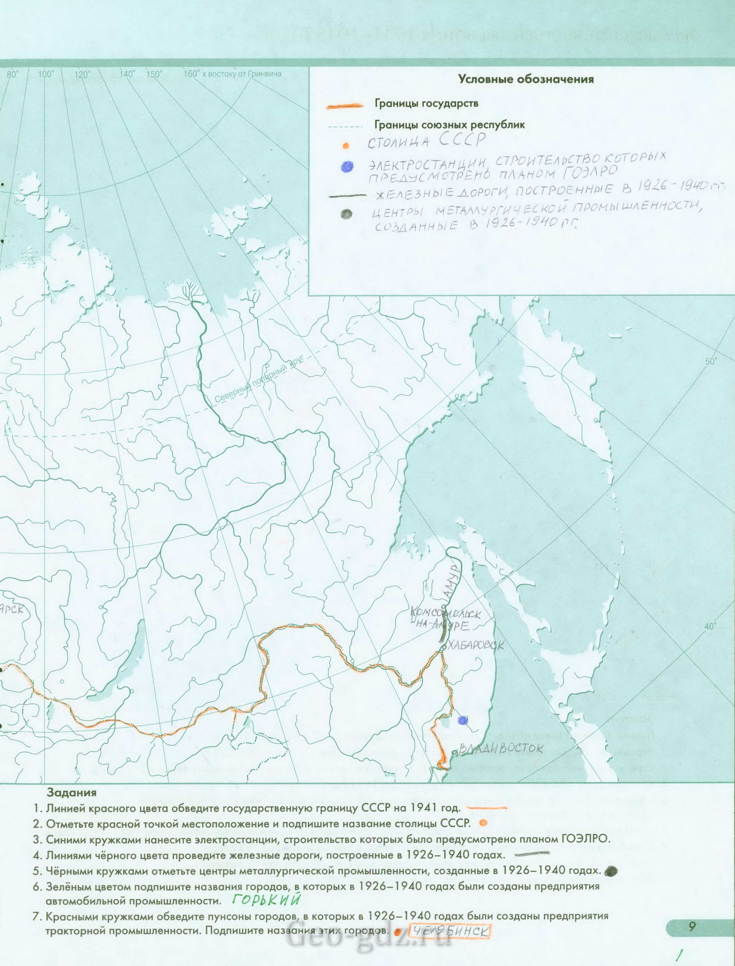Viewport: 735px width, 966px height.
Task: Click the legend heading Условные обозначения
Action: point(525,79)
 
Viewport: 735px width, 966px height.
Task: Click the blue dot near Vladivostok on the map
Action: point(462,720)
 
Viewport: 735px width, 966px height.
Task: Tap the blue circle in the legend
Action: point(347,166)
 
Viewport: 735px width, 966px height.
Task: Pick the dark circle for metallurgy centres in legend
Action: point(347,214)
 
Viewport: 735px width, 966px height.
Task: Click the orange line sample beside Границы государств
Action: point(345,106)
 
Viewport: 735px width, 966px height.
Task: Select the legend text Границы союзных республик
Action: point(449,125)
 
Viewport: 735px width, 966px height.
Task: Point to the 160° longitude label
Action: point(191,74)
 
